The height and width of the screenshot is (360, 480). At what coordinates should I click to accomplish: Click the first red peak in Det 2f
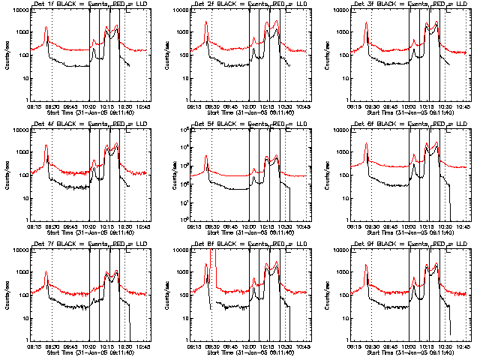[x=206, y=22]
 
